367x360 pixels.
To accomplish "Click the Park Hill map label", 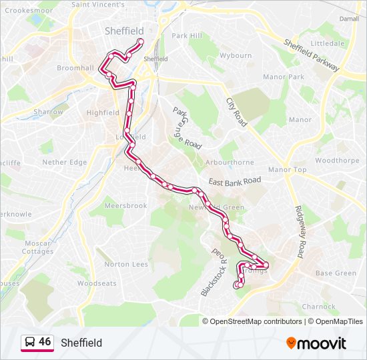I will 186,36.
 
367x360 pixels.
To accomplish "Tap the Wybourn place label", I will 236,56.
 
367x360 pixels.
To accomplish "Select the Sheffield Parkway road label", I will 312,55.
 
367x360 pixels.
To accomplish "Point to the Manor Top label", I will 287,170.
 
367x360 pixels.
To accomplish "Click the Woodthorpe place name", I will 337,161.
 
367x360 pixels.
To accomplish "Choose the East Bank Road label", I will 234,181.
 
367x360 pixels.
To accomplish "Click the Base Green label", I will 336,273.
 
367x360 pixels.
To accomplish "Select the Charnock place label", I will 319,307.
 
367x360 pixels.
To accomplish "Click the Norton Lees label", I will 126,265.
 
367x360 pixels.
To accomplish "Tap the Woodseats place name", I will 97,283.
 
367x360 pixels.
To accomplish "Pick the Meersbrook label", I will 125,206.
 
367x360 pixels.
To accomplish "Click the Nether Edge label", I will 64,162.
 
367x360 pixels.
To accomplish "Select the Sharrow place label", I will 49,112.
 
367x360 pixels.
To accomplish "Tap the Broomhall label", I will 75,69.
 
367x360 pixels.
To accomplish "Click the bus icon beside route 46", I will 29,343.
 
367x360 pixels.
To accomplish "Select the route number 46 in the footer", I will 45,342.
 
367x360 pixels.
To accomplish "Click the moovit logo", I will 316,343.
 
